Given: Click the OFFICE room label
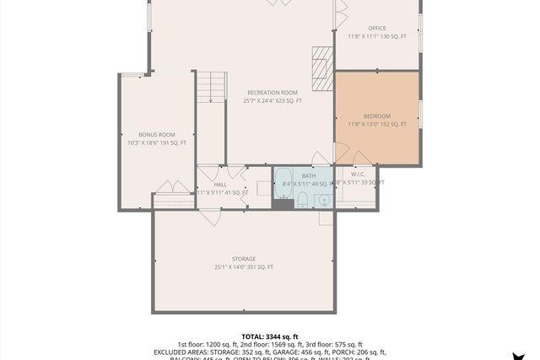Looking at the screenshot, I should coord(376,28).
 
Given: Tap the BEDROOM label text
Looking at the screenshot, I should coord(377,116).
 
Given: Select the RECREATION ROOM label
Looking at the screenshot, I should coord(272,92).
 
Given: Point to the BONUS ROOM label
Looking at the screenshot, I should coord(156,134).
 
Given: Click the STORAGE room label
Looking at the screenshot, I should coord(244,259).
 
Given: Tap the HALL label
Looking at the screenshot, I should coord(220,184).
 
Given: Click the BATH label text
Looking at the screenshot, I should coord(308,175).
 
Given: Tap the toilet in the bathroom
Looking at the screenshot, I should coord(301,200).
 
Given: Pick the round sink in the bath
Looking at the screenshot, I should coord(322,201).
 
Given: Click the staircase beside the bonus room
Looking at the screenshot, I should coord(213,87).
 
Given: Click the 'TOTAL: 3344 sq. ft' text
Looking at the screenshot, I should coord(269,336).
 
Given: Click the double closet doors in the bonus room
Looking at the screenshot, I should coord(172,188).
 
